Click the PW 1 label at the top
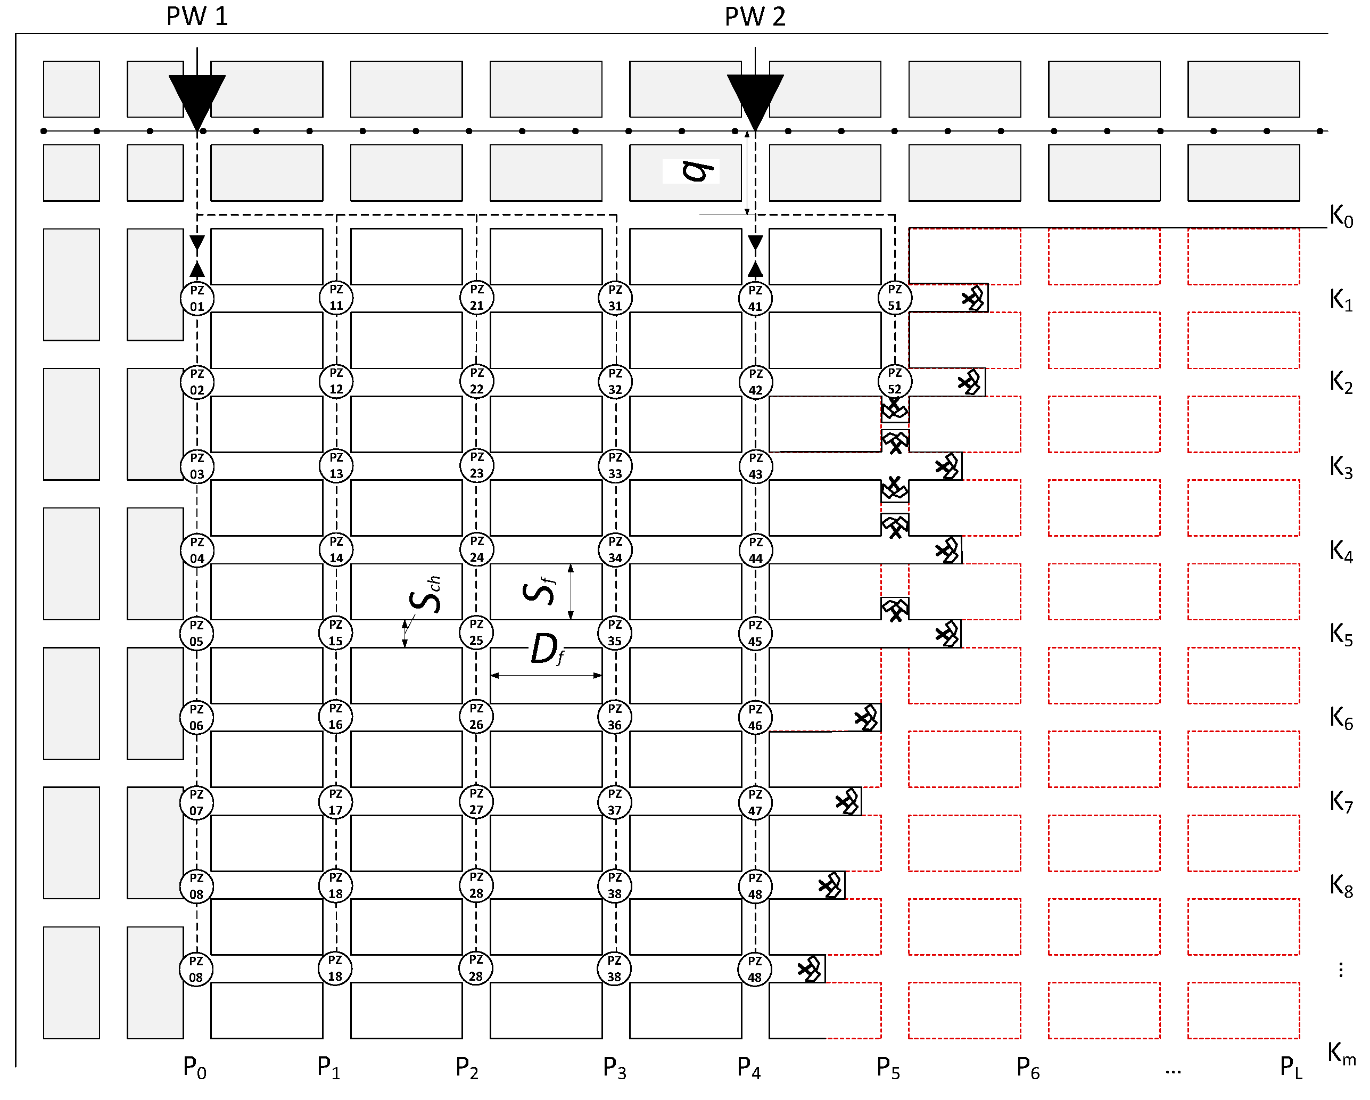(x=197, y=17)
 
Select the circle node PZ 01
(x=197, y=298)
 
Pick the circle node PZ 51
(x=895, y=298)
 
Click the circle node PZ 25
(x=476, y=633)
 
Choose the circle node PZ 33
(x=615, y=465)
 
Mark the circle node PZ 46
(x=755, y=717)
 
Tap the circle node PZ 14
(x=336, y=549)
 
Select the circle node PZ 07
(x=196, y=802)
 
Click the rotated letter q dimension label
(x=696, y=170)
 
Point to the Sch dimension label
(x=425, y=595)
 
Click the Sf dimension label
(x=539, y=590)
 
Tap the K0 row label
(x=1341, y=216)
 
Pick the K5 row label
(x=1341, y=634)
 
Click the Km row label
(x=1341, y=1054)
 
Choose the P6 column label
(x=1027, y=1068)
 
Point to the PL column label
(x=1291, y=1068)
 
